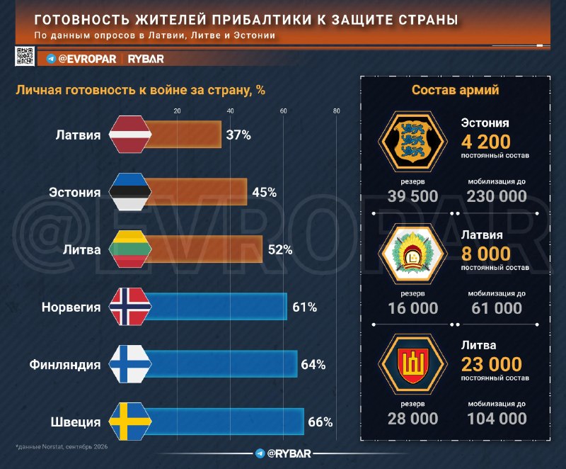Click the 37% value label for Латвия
point(238,135)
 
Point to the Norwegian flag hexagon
point(130,307)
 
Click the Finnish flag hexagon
point(130,364)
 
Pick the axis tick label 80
point(337,111)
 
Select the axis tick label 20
point(177,111)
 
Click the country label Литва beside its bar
point(81,249)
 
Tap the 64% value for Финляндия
point(313,365)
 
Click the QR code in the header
point(25,56)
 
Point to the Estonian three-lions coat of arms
point(412,141)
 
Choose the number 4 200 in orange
point(485,142)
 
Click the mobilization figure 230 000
point(497,196)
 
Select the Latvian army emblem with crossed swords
point(412,252)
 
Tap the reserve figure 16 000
point(412,308)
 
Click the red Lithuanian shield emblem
point(412,366)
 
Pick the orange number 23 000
point(491,364)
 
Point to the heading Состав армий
point(455,90)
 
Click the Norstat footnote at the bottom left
point(62,446)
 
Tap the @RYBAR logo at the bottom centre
point(284,453)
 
